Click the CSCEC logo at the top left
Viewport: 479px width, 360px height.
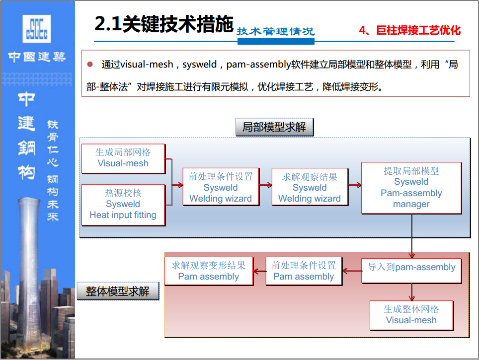(x=37, y=29)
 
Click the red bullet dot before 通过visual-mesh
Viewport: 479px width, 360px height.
(x=90, y=64)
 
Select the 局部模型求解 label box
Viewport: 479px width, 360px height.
(x=274, y=127)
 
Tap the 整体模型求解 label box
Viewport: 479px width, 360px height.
(x=118, y=291)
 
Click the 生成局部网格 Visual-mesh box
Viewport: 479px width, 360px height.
(x=123, y=159)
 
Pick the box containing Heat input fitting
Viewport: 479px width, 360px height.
(x=123, y=205)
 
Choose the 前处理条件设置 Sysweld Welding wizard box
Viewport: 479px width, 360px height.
(x=221, y=187)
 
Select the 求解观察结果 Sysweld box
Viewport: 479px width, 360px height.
(x=310, y=187)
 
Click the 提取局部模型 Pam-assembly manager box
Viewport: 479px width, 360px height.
(x=411, y=188)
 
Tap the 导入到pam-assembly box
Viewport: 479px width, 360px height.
(x=411, y=271)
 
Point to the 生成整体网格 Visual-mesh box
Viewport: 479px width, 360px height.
(x=411, y=315)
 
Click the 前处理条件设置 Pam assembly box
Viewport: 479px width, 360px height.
(x=304, y=271)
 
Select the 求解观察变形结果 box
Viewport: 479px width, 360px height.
(x=209, y=271)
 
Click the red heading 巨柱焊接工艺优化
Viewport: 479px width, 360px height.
(x=418, y=30)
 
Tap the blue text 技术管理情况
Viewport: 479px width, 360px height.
(x=276, y=31)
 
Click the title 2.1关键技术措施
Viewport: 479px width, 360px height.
(x=164, y=24)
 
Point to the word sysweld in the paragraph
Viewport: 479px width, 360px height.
(x=199, y=65)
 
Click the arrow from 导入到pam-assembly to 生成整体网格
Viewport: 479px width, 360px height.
(x=411, y=292)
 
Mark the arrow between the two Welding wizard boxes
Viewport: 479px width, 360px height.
(x=265, y=185)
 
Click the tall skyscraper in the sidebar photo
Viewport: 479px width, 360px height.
(x=28, y=269)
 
